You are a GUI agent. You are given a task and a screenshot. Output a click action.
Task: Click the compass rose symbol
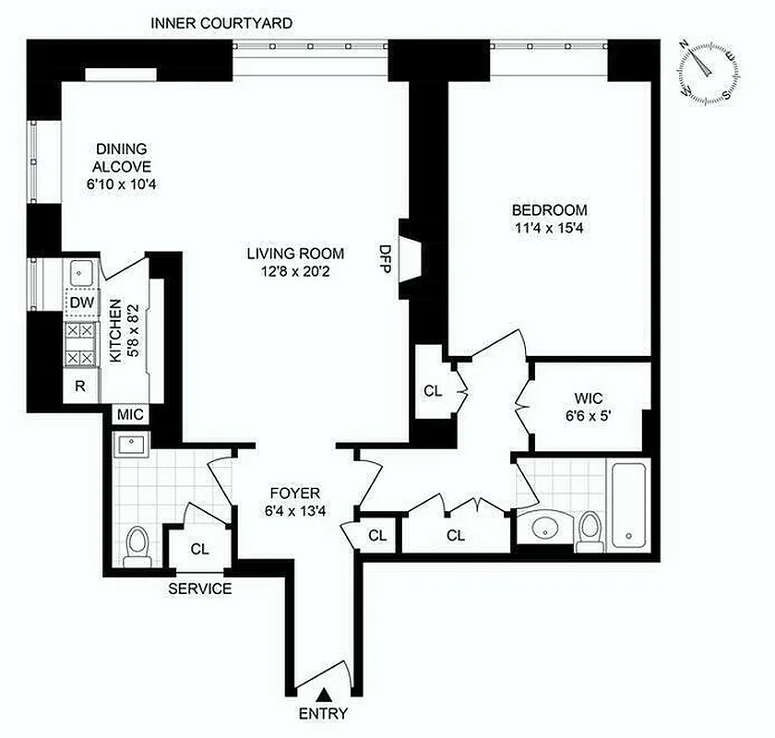(x=709, y=71)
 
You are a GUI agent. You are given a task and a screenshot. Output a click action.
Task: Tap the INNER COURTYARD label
(x=221, y=21)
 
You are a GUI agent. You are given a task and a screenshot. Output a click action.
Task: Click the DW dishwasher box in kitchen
(x=79, y=302)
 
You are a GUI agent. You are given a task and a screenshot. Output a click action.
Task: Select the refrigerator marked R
(x=80, y=387)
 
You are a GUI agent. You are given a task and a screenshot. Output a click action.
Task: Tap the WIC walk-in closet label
(x=588, y=399)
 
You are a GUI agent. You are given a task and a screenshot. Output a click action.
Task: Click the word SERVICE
(x=200, y=589)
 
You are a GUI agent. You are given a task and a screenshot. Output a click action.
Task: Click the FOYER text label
(x=294, y=493)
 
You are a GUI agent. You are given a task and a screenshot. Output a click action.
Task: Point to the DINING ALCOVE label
(x=123, y=158)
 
